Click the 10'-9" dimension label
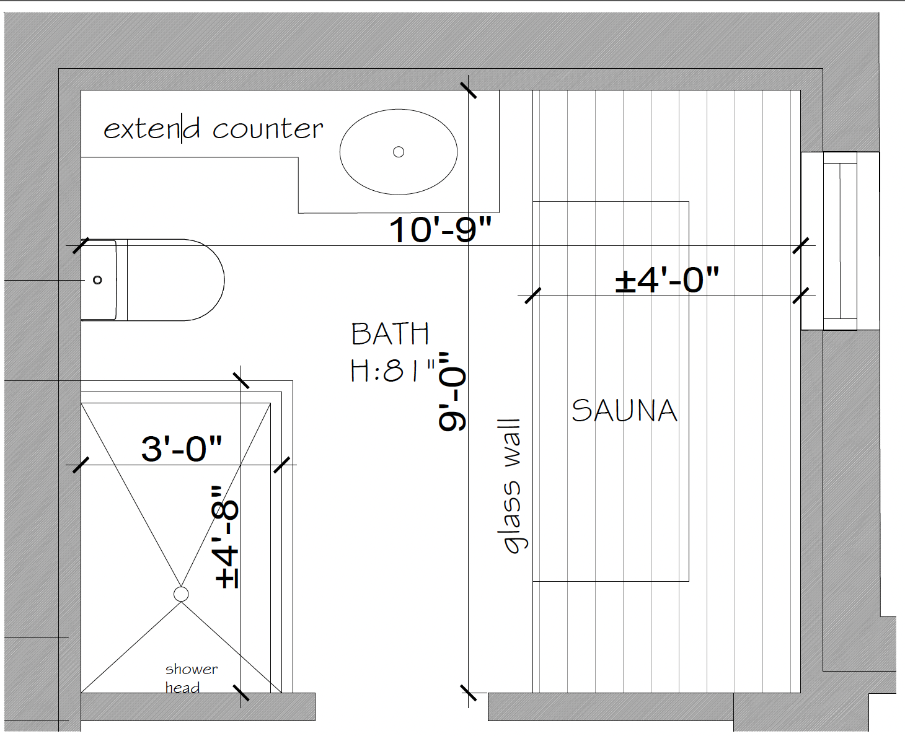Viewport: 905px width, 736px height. coord(440,230)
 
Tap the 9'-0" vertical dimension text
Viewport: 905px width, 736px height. coord(452,391)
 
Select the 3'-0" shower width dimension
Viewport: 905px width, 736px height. coord(182,449)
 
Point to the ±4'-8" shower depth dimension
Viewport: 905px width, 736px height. coord(226,537)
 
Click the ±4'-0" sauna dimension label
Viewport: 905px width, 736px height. coord(667,280)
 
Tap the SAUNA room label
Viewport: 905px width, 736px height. coord(624,411)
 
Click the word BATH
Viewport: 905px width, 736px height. coord(390,334)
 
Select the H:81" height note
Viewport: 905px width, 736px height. coord(393,370)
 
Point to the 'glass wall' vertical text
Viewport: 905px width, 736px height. coord(513,486)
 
